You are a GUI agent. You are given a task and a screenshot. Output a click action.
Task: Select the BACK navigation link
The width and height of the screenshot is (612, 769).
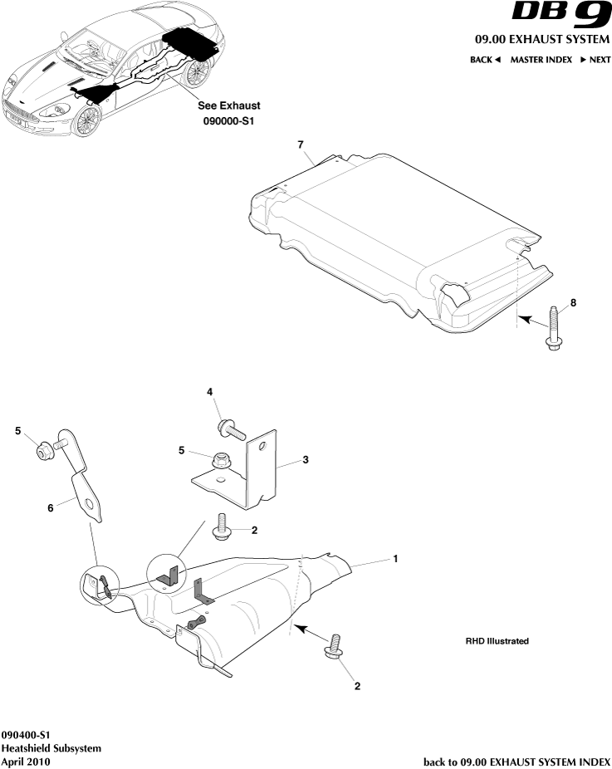[x=485, y=60]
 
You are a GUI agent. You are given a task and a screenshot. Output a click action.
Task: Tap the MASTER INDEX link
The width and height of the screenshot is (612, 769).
[x=541, y=60]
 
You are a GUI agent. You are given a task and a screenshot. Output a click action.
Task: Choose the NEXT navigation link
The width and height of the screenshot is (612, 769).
[x=595, y=60]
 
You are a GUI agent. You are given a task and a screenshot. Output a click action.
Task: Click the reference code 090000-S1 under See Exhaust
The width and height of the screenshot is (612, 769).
[x=228, y=120]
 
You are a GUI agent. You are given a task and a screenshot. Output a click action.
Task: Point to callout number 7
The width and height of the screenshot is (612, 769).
[x=301, y=144]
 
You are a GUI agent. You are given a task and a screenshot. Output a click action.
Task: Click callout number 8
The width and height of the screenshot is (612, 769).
[x=573, y=303]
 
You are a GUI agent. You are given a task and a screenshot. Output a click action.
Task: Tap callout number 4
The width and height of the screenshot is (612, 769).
[x=210, y=391]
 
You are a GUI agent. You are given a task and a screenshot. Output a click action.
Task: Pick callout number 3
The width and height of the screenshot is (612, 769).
[x=306, y=459]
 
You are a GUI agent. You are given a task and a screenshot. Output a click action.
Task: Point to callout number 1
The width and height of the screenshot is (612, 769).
[x=395, y=559]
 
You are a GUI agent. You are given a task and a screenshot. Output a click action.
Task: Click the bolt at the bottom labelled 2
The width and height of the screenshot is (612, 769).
[x=333, y=648]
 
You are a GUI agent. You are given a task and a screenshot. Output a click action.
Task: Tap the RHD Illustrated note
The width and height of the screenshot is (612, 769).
[x=497, y=642]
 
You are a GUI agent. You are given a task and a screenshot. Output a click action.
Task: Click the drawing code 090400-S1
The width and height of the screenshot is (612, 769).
[x=27, y=736]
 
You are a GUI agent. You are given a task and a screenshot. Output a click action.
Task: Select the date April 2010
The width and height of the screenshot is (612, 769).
[x=27, y=762]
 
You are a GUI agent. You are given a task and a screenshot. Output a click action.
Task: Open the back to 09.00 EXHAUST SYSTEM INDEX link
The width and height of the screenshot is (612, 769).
[x=517, y=762]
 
